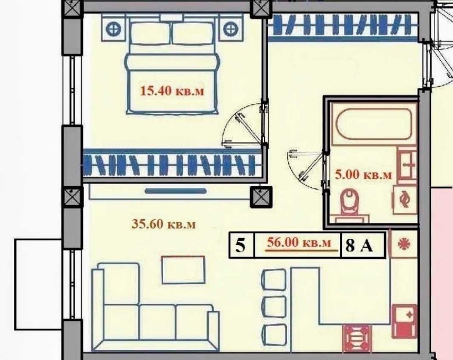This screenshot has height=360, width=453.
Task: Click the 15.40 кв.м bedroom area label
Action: (172, 91)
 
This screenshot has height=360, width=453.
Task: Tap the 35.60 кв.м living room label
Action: (164, 224)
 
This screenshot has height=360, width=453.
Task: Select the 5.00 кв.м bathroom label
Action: (363, 174)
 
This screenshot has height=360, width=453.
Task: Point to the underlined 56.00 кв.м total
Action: (299, 243)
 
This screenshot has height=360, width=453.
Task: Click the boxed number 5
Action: (240, 246)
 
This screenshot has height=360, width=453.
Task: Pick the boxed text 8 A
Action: (359, 246)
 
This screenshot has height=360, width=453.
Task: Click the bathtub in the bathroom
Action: (374, 124)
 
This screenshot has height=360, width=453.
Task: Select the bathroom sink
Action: (407, 166)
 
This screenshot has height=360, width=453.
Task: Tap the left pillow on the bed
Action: (150, 33)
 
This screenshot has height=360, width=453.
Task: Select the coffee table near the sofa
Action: (183, 269)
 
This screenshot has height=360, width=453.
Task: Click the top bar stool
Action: (274, 279)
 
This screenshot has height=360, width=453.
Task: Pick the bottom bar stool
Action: (274, 334)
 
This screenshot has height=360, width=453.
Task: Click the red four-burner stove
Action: (357, 338)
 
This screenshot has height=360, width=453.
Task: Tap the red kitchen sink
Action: (405, 321)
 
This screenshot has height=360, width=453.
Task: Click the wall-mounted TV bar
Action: (176, 191)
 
